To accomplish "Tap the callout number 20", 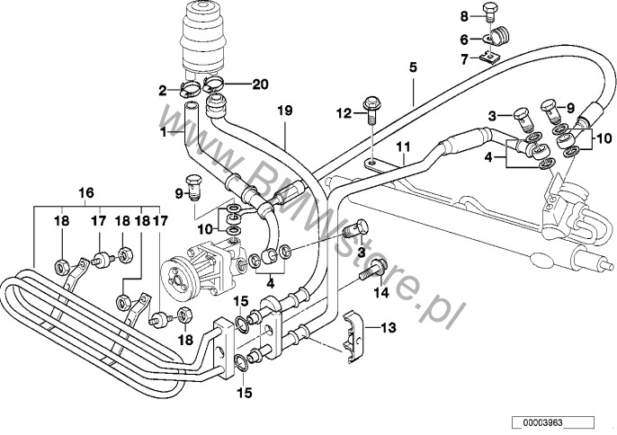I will (261, 84).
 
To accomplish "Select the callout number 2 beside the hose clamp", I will (164, 90).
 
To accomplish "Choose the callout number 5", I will (413, 67).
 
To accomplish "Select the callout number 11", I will (404, 146).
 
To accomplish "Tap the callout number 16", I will (85, 192).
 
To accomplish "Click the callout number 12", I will (343, 112).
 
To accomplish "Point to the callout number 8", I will (465, 16).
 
